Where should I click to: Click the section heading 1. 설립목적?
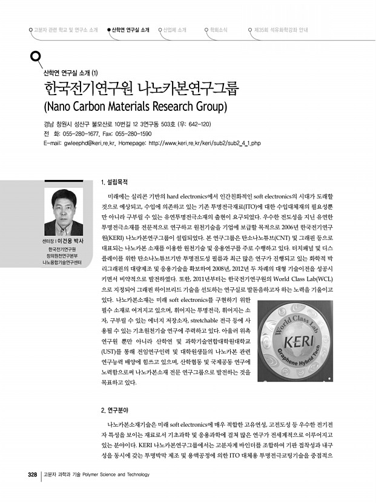(114, 181)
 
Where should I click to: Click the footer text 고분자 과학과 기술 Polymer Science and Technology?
(96, 474)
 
